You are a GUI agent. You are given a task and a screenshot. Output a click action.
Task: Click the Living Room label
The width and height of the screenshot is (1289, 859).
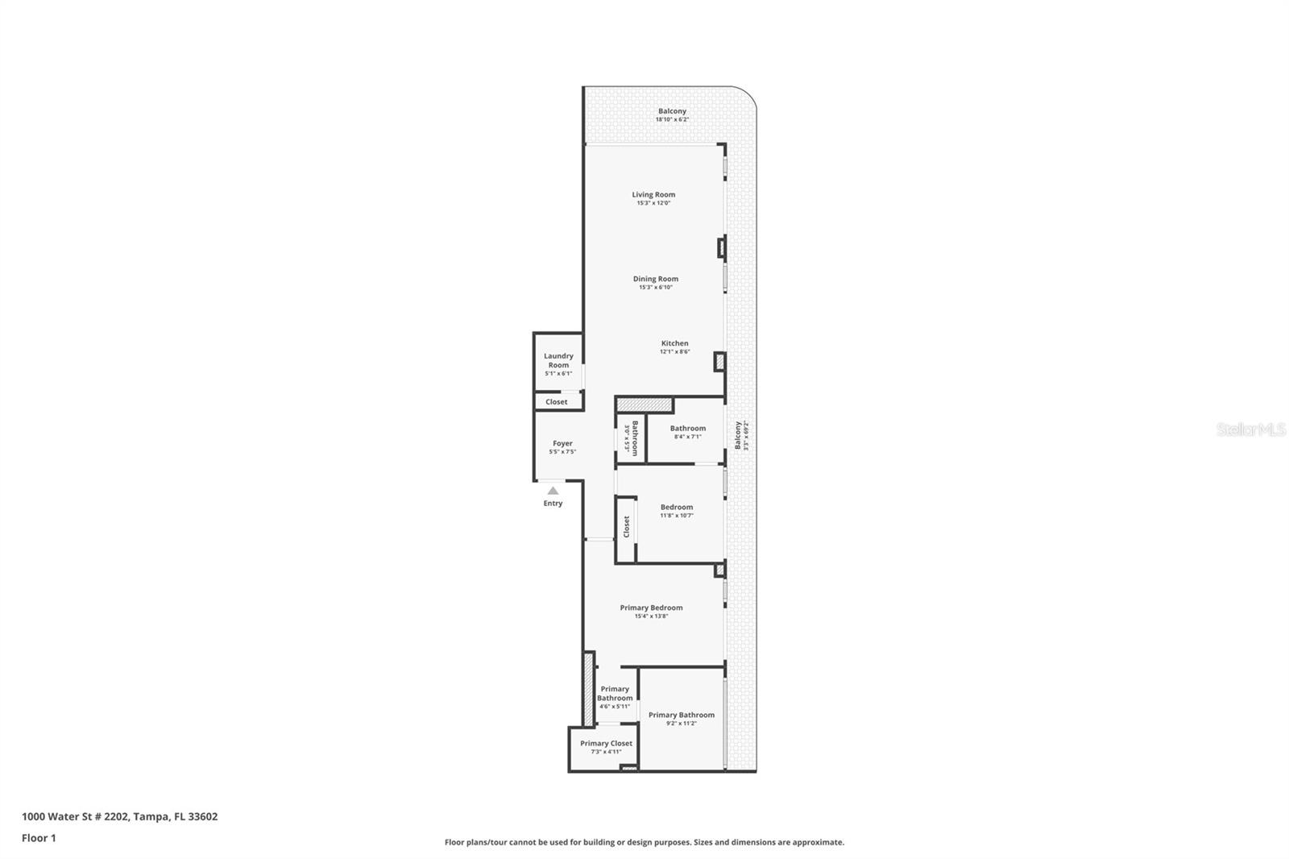coord(653,194)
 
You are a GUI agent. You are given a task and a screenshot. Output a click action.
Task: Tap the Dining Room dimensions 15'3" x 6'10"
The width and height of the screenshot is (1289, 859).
coord(655,288)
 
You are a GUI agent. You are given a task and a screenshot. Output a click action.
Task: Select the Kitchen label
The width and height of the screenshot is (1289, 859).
coord(674,343)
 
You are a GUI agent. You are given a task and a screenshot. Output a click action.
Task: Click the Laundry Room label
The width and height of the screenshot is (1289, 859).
coord(558,360)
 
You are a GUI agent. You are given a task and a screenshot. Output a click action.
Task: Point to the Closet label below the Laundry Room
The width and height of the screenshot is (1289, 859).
coord(556,401)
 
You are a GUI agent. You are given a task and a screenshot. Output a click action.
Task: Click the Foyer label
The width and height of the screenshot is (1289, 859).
coord(562,443)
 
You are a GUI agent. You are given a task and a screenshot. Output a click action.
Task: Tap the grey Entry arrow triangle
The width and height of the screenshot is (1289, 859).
coord(553,491)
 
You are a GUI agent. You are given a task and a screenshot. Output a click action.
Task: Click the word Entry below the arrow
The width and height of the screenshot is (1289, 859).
coord(553,504)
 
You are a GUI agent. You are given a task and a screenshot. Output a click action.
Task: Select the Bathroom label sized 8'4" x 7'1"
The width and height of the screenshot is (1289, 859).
coord(687,429)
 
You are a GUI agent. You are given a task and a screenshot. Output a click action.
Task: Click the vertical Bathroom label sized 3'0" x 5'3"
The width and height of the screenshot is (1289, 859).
coord(635,438)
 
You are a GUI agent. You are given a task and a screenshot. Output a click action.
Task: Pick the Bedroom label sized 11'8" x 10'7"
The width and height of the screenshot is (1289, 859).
coord(677,507)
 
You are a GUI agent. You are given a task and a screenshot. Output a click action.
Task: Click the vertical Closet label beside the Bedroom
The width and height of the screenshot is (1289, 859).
coord(626,527)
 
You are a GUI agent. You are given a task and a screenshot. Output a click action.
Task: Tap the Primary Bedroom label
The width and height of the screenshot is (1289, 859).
coord(651,608)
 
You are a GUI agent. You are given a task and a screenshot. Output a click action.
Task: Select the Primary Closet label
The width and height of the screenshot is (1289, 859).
coord(606,744)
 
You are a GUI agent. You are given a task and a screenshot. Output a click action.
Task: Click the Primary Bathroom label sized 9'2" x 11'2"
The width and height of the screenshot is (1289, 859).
coord(681,715)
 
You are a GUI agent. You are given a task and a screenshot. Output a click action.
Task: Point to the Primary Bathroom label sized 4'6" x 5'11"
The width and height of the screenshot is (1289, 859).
coord(615,693)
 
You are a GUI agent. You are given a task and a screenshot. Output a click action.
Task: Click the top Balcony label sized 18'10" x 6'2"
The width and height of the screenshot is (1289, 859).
coord(672,111)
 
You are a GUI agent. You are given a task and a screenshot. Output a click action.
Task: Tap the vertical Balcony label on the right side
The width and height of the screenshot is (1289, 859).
coord(737,435)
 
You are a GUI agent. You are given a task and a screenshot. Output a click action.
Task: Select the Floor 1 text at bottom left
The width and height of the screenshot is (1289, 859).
coord(39,838)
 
